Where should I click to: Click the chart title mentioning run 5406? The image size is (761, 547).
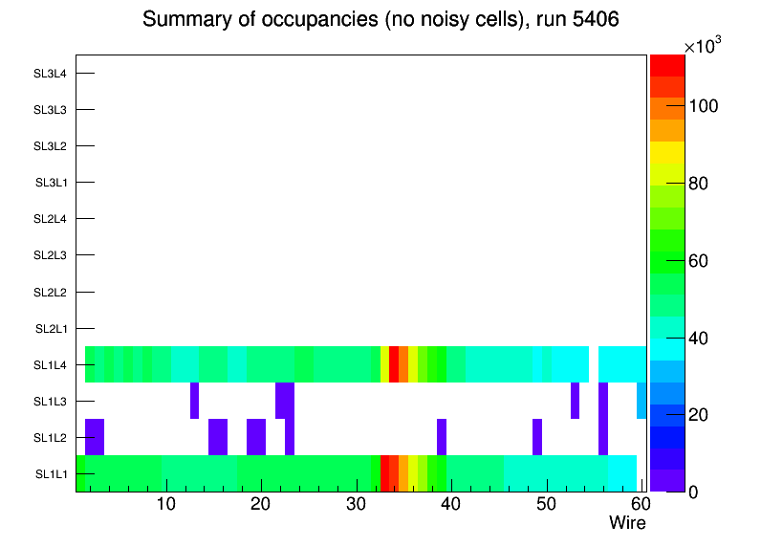click(x=380, y=19)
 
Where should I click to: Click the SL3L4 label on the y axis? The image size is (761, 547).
click(x=50, y=74)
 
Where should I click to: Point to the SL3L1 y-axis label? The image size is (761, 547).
click(x=50, y=183)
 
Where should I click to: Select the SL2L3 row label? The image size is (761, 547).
click(x=50, y=255)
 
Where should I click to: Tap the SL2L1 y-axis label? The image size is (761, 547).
click(x=50, y=329)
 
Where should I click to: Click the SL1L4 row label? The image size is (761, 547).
click(x=50, y=365)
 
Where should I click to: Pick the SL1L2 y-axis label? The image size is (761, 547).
click(x=50, y=438)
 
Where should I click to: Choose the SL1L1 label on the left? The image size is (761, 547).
click(x=50, y=474)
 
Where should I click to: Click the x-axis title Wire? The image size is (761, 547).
click(x=627, y=523)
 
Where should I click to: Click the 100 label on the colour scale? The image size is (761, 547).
click(x=707, y=105)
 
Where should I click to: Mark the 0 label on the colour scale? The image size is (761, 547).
click(x=699, y=492)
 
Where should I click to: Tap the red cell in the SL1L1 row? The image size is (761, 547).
click(x=384, y=473)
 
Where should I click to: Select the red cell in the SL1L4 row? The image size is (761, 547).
click(x=394, y=364)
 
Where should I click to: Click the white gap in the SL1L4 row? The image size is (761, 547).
click(x=594, y=364)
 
